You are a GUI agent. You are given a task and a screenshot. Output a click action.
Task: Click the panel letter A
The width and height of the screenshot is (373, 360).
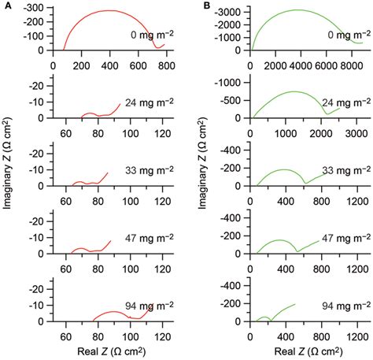pyautogui.click(x=6, y=6)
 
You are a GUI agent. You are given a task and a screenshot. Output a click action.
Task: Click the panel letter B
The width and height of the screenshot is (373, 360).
pyautogui.click(x=207, y=6)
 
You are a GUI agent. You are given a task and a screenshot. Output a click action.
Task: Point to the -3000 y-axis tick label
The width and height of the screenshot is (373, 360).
pyautogui.click(x=228, y=13)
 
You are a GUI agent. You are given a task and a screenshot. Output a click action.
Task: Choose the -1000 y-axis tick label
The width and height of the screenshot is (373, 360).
pyautogui.click(x=228, y=81)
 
